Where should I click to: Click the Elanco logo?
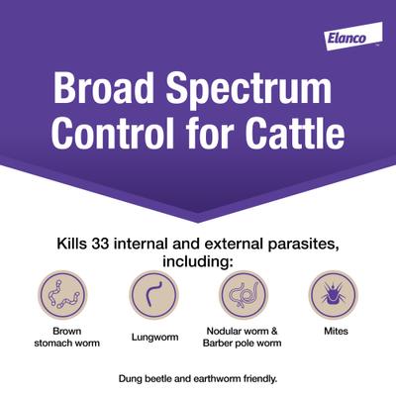pyautogui.click(x=347, y=38)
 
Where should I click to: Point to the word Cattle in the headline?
pyautogui.click(x=296, y=134)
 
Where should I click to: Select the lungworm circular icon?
pyautogui.click(x=153, y=295)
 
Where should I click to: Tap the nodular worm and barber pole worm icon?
pyautogui.click(x=243, y=295)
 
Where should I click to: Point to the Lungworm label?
pyautogui.click(x=153, y=337)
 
